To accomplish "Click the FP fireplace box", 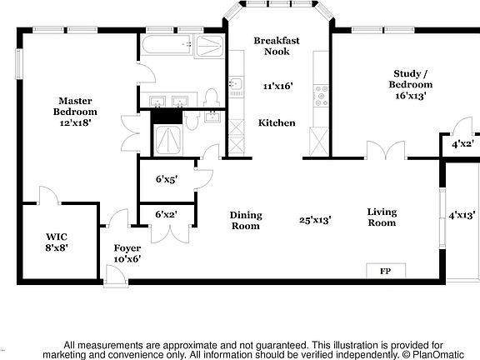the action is [386, 271].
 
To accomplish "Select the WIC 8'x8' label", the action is [57, 242].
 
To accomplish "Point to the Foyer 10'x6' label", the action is [127, 253].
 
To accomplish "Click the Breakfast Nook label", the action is [277, 46].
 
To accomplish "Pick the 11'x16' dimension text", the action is [278, 86].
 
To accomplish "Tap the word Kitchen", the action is [277, 122].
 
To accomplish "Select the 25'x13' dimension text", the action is [315, 220].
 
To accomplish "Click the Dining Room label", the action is [246, 220].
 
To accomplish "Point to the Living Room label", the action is [382, 217].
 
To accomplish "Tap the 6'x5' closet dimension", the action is [167, 179].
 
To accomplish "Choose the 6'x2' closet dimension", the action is [166, 214].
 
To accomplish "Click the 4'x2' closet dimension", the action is [462, 143].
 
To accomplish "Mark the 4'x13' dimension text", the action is [462, 215].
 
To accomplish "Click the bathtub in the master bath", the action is [167, 45].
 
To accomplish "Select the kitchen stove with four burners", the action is [321, 96].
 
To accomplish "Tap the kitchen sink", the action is [236, 83].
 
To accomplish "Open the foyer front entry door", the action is [116, 276].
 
